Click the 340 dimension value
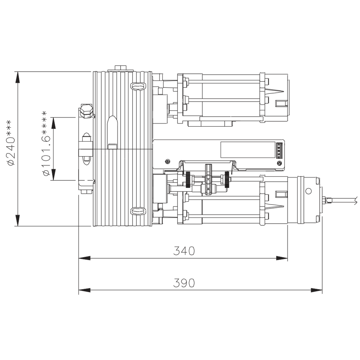(184, 251)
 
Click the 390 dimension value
(184, 283)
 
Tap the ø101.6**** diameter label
(46, 143)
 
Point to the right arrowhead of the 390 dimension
(316, 290)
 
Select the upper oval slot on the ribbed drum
(138, 86)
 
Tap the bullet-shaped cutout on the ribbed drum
(113, 130)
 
